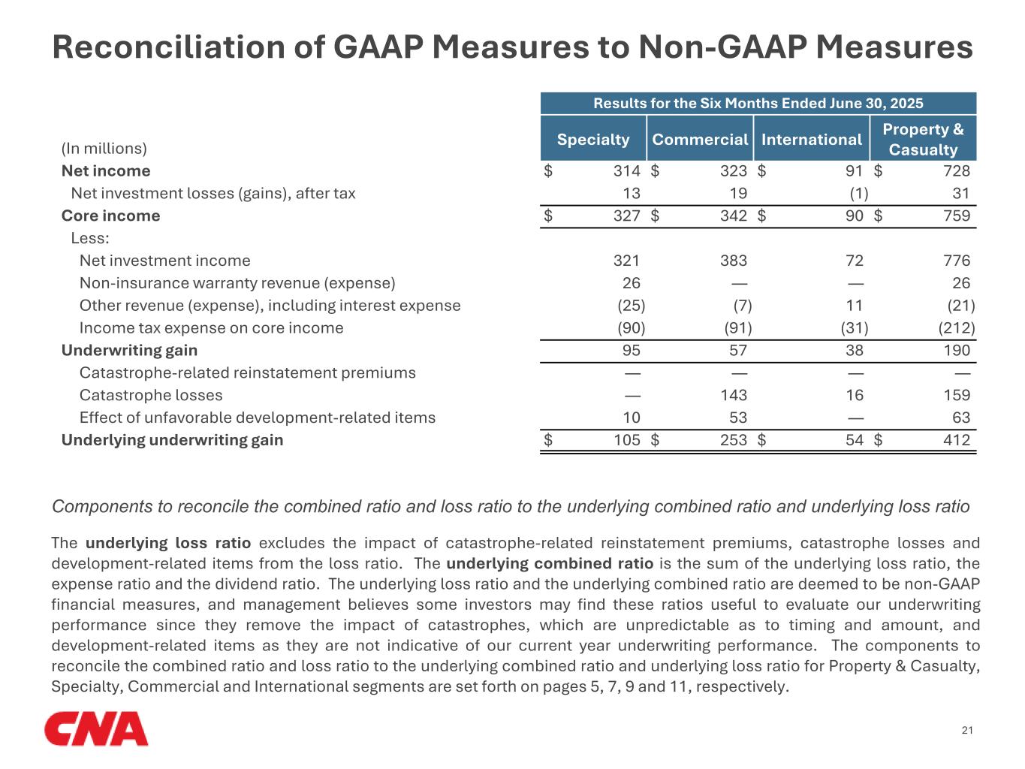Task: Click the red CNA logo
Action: tap(96, 729)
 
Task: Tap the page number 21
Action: tap(967, 730)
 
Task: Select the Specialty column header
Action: tap(593, 139)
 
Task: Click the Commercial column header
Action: tap(700, 139)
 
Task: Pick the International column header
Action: tap(812, 139)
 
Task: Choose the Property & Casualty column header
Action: tap(923, 139)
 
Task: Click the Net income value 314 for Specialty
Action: tap(627, 171)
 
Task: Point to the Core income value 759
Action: tap(957, 216)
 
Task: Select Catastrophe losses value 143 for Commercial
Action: tap(734, 395)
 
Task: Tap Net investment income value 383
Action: tap(734, 261)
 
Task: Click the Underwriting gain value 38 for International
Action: tap(855, 350)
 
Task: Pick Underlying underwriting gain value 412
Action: tap(957, 440)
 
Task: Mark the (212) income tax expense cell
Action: tap(957, 327)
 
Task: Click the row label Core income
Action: tap(110, 216)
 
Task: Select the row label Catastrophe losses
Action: tap(151, 395)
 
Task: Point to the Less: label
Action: tap(90, 238)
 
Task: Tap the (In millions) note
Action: tap(104, 149)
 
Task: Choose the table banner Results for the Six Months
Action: tap(758, 103)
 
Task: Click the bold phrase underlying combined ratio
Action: tap(550, 563)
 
